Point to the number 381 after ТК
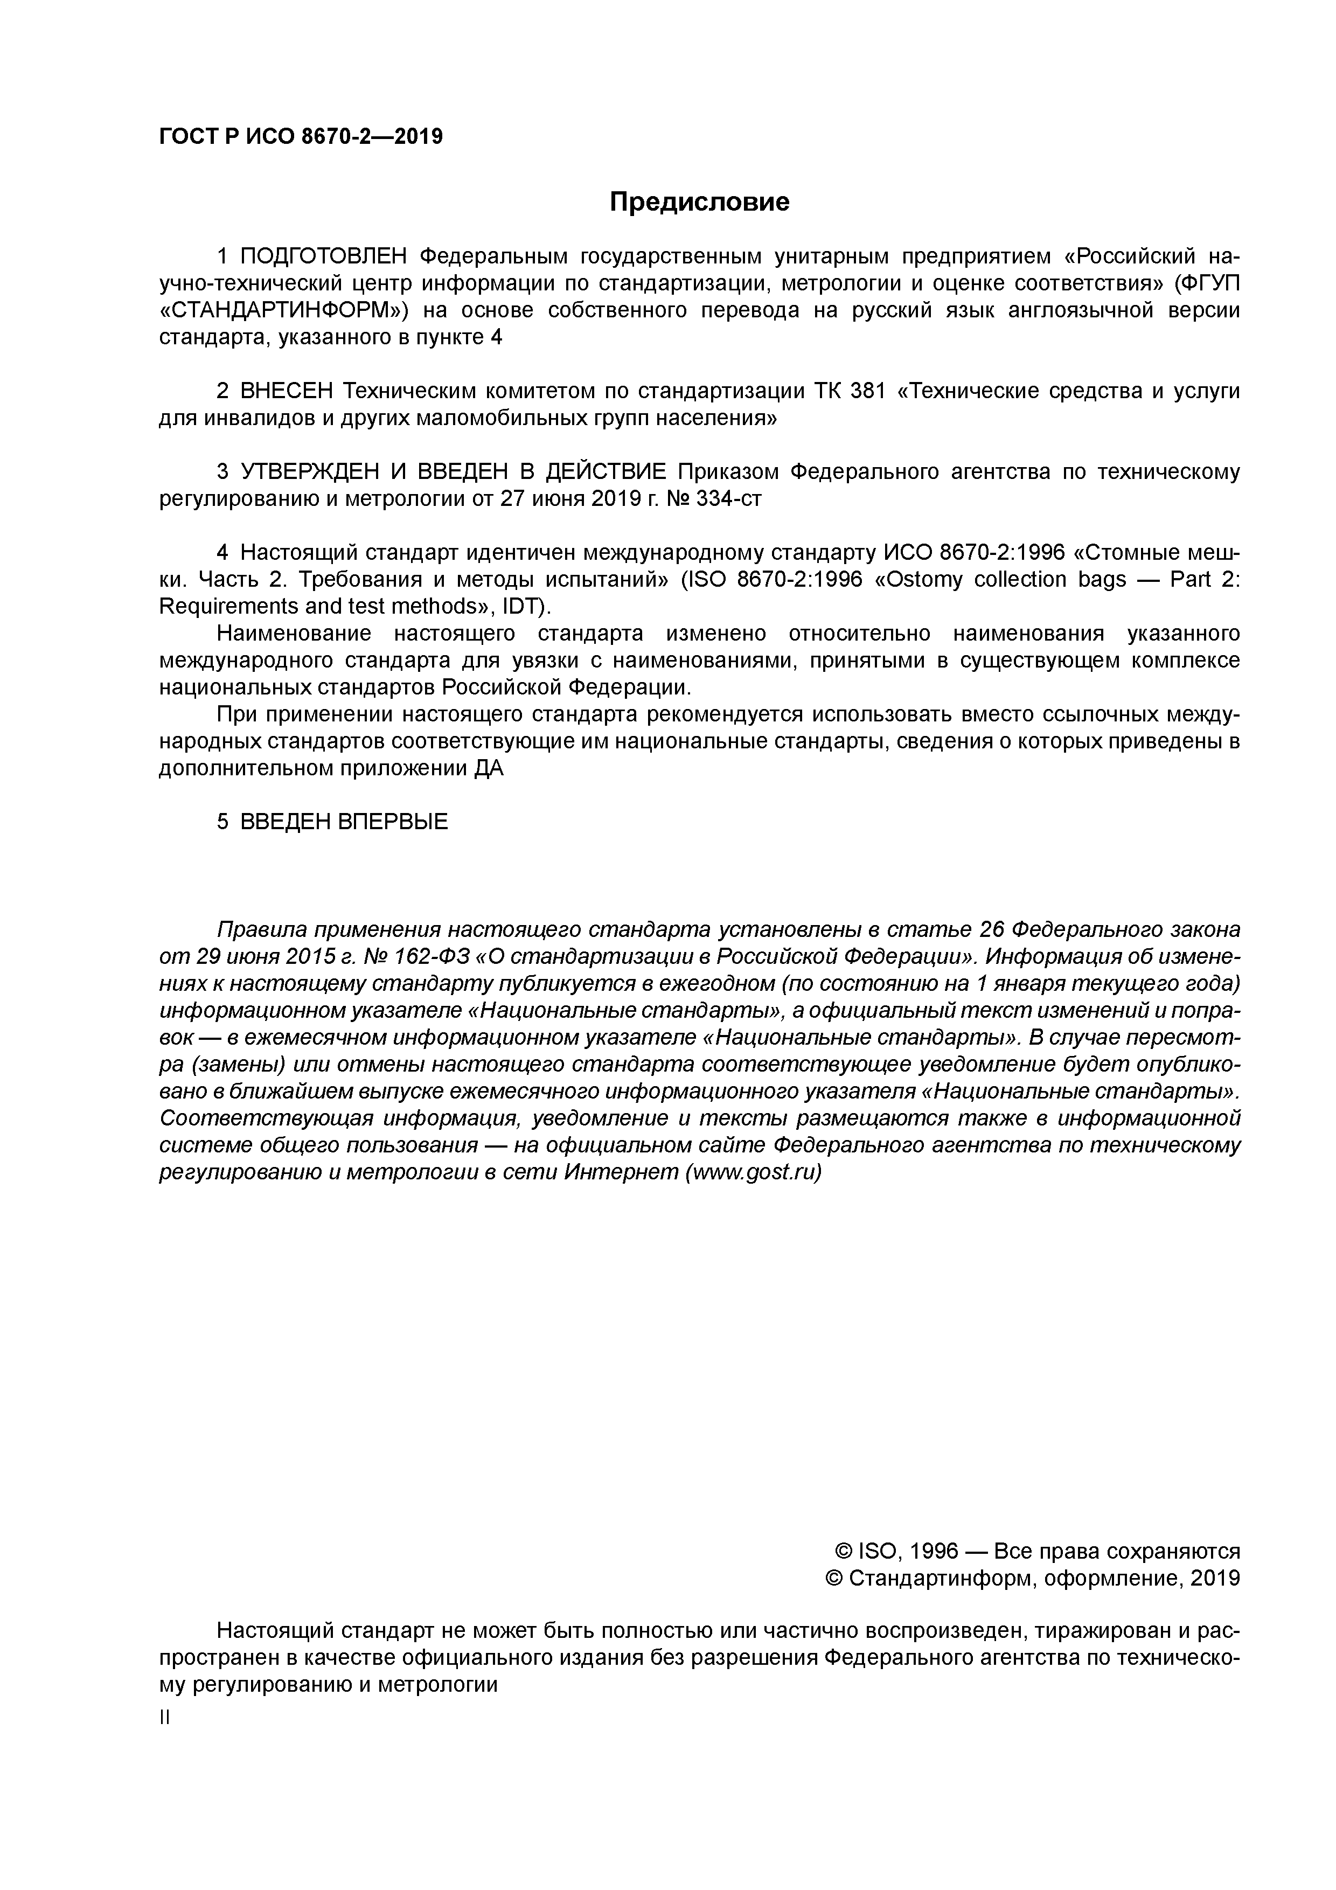pos(867,391)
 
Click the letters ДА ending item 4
pos(488,768)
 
